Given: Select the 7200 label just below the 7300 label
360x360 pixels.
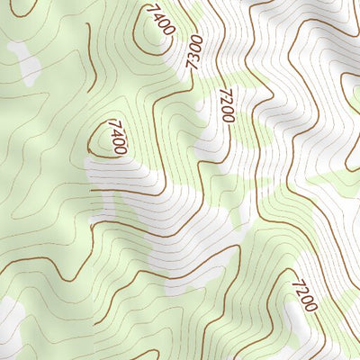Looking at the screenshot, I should (x=225, y=105).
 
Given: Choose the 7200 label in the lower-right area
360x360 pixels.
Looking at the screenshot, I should (x=303, y=295).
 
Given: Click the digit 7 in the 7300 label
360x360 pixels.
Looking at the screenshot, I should (x=190, y=65).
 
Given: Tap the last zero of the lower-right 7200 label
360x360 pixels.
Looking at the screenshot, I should (x=311, y=306).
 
